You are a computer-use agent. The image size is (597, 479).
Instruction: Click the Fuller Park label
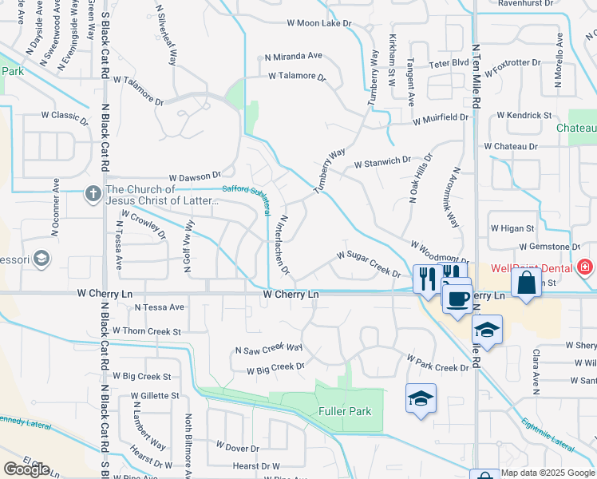pos(349,412)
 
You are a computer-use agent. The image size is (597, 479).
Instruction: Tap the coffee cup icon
pos(457,299)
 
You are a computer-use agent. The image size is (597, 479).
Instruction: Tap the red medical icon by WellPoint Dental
pos(585,267)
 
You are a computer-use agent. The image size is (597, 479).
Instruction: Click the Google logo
pos(26,469)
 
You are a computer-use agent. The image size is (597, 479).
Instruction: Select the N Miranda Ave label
pos(294,57)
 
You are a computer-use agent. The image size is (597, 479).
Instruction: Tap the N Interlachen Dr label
pos(283,244)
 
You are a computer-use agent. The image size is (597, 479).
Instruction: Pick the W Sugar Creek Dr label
pos(368,263)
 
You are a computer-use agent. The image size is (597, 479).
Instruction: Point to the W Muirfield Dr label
pos(441,118)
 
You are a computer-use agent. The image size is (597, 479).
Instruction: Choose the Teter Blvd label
pos(449,62)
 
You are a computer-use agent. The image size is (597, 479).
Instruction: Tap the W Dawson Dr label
pos(195,176)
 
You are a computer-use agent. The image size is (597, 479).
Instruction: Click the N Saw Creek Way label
pos(269,349)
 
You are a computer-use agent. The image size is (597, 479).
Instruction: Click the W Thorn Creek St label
pos(147,331)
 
